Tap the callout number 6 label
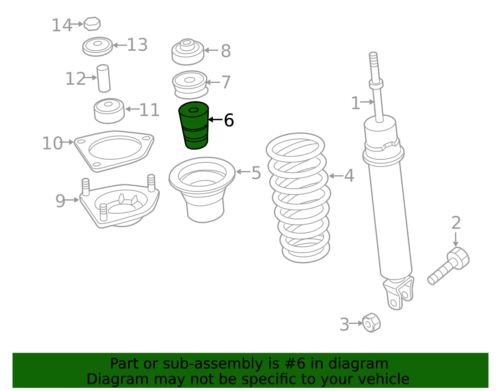click(x=229, y=120)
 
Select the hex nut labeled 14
click(x=92, y=24)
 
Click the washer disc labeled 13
click(x=97, y=46)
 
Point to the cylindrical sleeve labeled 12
click(x=104, y=78)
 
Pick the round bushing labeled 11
click(x=109, y=111)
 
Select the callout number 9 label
click(x=60, y=201)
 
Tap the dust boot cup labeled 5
click(x=202, y=190)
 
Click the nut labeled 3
click(x=371, y=323)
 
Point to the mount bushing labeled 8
click(x=188, y=52)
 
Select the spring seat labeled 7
click(x=190, y=85)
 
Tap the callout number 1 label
click(x=355, y=103)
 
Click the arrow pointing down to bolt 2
click(x=455, y=239)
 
